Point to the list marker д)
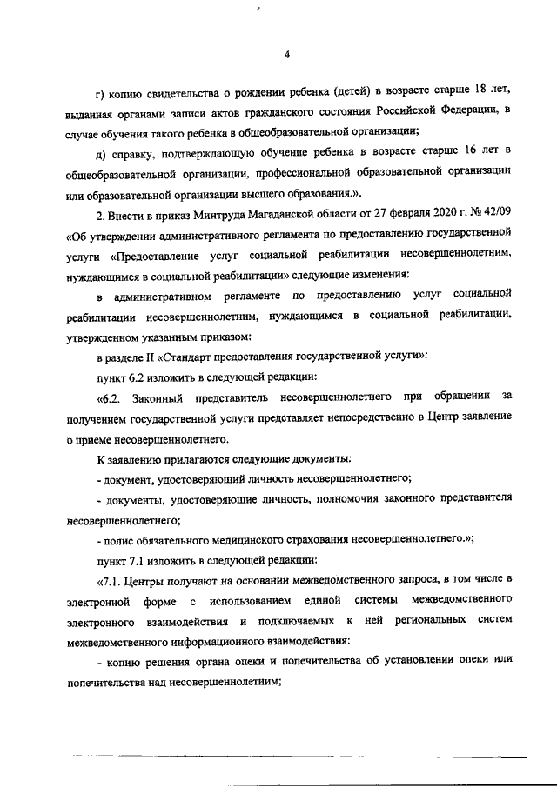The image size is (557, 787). point(101,153)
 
